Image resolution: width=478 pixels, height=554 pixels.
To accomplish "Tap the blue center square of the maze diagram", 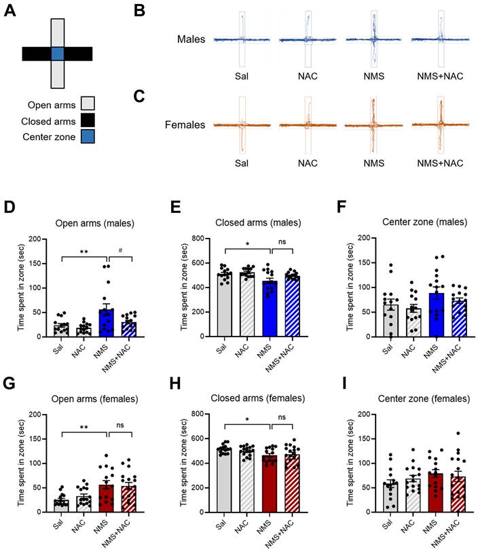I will (x=57, y=54).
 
